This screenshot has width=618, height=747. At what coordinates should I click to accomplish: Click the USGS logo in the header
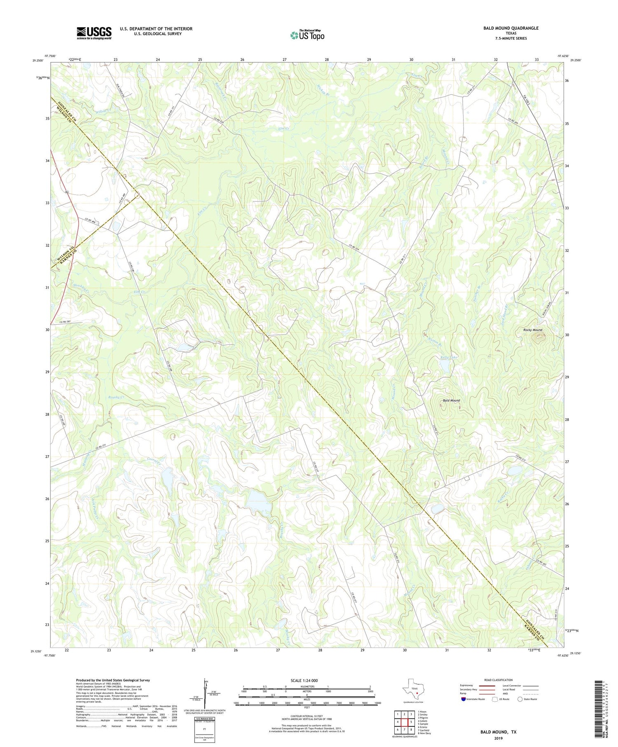click(94, 33)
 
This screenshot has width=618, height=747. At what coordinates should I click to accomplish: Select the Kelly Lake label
click(449, 357)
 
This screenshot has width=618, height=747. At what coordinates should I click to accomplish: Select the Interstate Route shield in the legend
click(463, 699)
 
